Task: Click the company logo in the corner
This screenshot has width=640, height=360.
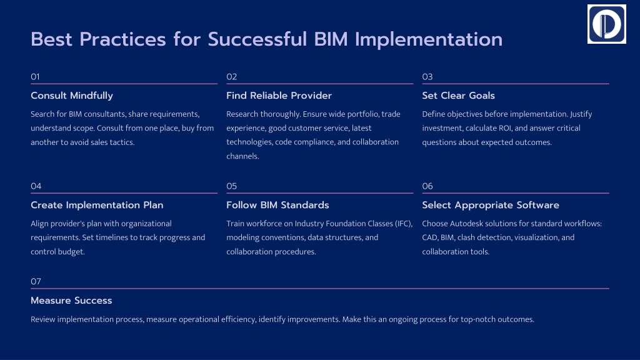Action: point(606,24)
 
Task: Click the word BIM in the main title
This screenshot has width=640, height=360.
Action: point(329,39)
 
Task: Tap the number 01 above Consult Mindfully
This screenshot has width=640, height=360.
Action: point(36,77)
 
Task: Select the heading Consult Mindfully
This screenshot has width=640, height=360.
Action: point(72,96)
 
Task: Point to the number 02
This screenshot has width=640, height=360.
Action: point(232,77)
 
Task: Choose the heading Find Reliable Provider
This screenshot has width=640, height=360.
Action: point(279,96)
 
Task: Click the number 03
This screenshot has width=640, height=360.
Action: point(427,77)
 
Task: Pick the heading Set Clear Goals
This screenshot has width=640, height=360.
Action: point(458,96)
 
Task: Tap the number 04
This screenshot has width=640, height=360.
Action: point(36,186)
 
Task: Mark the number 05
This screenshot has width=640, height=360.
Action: point(232,186)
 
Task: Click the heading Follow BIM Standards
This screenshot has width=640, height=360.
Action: point(277,205)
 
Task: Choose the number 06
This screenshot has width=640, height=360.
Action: point(427,186)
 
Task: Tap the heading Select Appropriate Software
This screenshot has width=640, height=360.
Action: point(491,205)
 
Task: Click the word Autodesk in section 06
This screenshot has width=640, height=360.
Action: point(467,224)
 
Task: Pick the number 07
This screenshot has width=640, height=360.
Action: point(36,282)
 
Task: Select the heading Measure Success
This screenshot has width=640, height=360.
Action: point(71,301)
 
